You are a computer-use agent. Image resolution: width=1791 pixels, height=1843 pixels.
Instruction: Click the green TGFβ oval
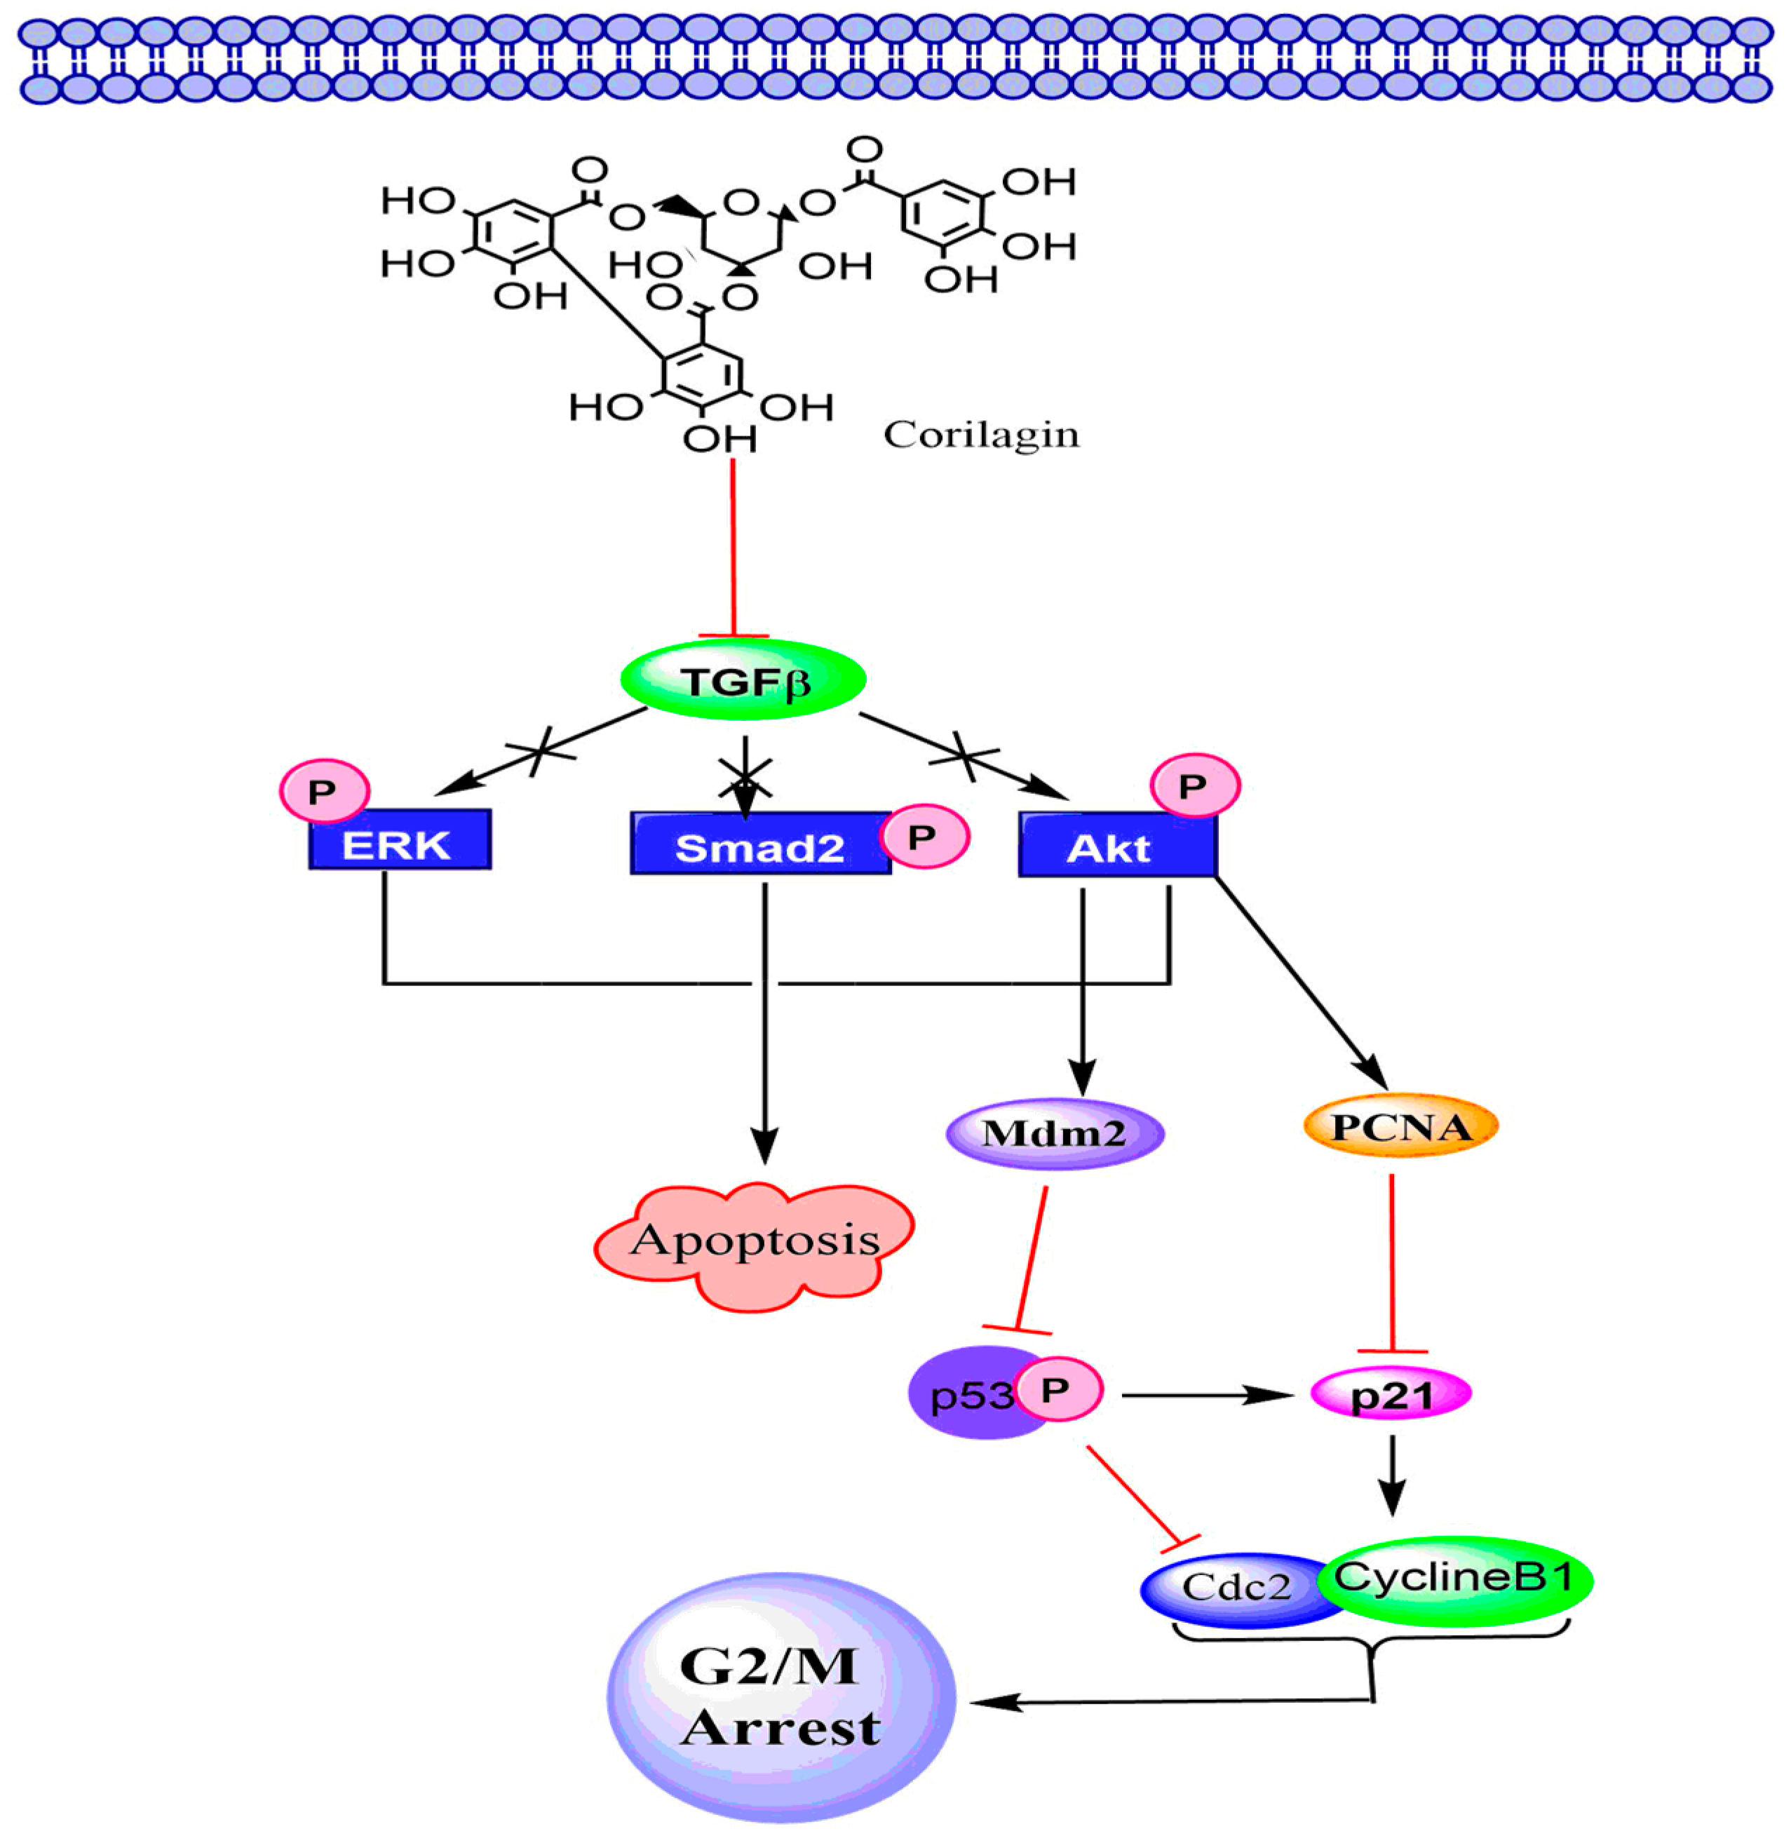[743, 680]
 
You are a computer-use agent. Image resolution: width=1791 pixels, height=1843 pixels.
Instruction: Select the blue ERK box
[400, 840]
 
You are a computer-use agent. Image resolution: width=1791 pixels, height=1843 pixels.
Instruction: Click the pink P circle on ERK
[323, 791]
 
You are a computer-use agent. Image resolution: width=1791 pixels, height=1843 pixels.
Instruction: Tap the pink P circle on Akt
[1195, 785]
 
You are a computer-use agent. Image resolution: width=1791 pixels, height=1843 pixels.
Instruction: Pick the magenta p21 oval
[1391, 1394]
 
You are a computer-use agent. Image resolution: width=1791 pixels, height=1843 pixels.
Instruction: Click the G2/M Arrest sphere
[780, 1696]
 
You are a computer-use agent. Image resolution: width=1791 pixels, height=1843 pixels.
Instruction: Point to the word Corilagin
[981, 435]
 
